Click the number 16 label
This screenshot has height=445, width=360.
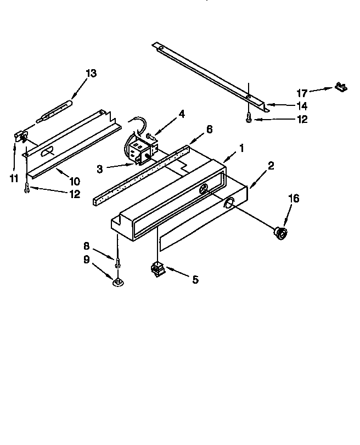click(x=294, y=199)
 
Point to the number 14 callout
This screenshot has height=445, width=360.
click(x=302, y=105)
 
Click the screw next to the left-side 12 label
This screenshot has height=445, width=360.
click(x=26, y=188)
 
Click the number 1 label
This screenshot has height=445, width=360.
click(x=240, y=148)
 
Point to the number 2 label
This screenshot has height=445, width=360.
click(x=270, y=165)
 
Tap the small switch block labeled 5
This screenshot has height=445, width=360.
click(x=158, y=270)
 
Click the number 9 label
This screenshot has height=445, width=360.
click(x=87, y=260)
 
